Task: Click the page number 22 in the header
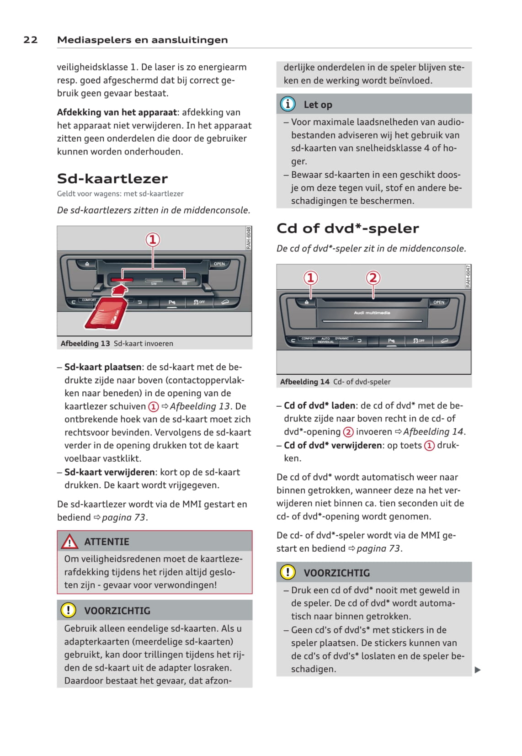(30, 40)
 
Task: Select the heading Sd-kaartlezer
(112, 178)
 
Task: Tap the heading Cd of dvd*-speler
(347, 228)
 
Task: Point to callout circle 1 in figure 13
(153, 239)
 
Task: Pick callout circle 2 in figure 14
(373, 277)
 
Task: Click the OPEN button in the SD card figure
(219, 264)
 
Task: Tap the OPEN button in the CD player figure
(439, 302)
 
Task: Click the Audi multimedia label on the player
(372, 313)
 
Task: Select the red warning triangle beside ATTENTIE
(69, 542)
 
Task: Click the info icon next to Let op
(288, 104)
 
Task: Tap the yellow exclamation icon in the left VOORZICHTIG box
(68, 610)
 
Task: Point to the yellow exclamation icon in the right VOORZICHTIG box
(288, 572)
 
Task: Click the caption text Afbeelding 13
(85, 343)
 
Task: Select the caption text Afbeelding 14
(304, 382)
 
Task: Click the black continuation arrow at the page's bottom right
(478, 670)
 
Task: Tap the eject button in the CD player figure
(307, 302)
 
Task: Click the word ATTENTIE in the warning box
(107, 542)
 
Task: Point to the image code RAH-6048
(249, 238)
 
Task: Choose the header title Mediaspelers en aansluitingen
(142, 40)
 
